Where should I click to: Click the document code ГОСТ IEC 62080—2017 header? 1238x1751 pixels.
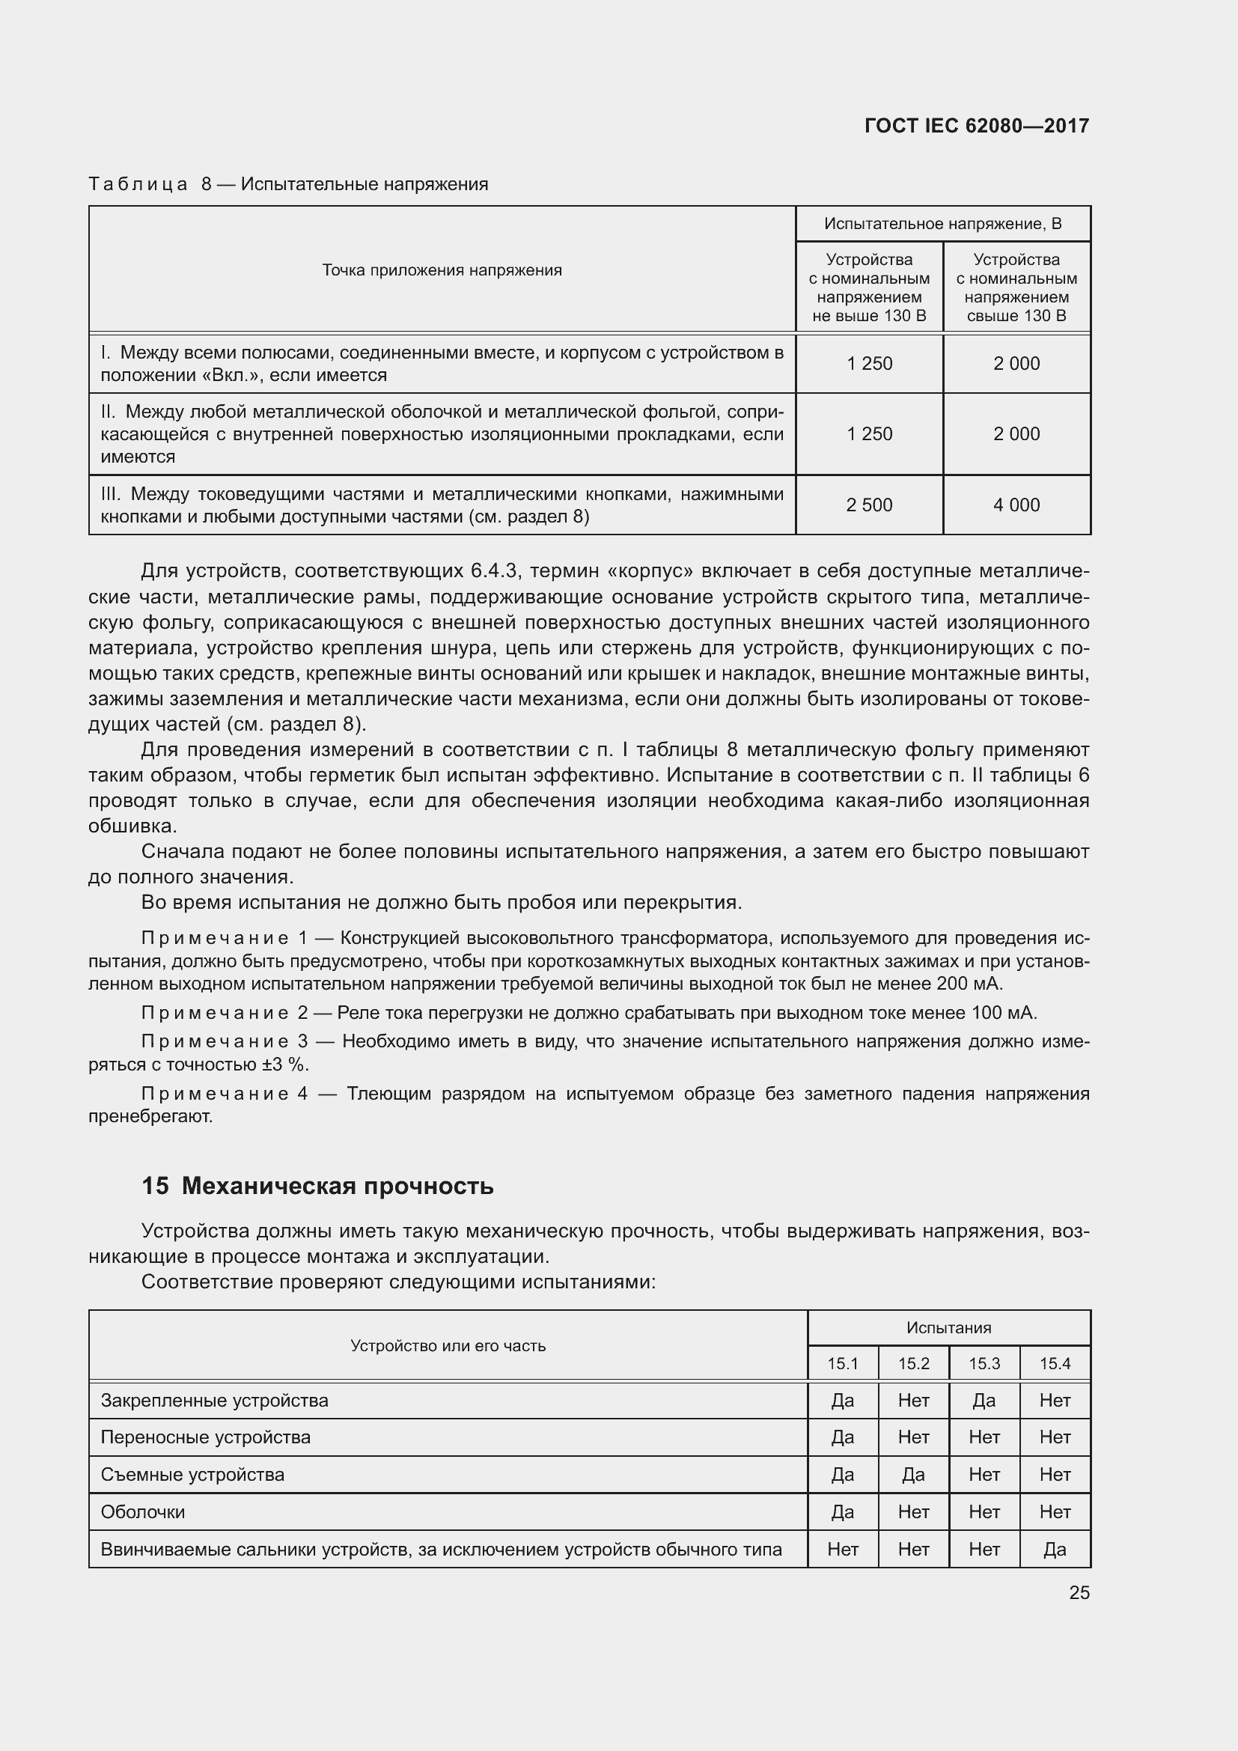click(977, 126)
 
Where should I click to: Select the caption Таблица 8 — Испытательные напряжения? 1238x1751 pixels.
click(288, 184)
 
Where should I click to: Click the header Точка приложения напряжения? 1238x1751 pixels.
click(442, 270)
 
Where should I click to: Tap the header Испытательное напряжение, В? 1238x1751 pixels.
click(942, 223)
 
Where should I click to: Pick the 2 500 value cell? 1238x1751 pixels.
click(869, 505)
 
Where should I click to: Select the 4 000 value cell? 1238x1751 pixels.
click(1016, 505)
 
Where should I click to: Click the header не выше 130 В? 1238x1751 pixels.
click(869, 316)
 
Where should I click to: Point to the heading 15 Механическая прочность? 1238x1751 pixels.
click(317, 1187)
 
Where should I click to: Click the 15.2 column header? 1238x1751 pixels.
click(913, 1363)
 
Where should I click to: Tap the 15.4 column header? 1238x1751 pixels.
click(1055, 1363)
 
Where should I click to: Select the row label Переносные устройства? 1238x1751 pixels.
click(206, 1437)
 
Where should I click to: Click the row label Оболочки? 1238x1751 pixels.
click(143, 1512)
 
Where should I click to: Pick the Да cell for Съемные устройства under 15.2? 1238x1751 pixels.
click(913, 1475)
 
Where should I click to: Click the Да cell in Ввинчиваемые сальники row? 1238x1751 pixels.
click(1055, 1550)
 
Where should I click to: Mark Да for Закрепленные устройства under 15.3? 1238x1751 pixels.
click(984, 1401)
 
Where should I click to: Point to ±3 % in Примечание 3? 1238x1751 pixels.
click(285, 1065)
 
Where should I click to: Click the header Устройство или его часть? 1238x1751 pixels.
click(448, 1346)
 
